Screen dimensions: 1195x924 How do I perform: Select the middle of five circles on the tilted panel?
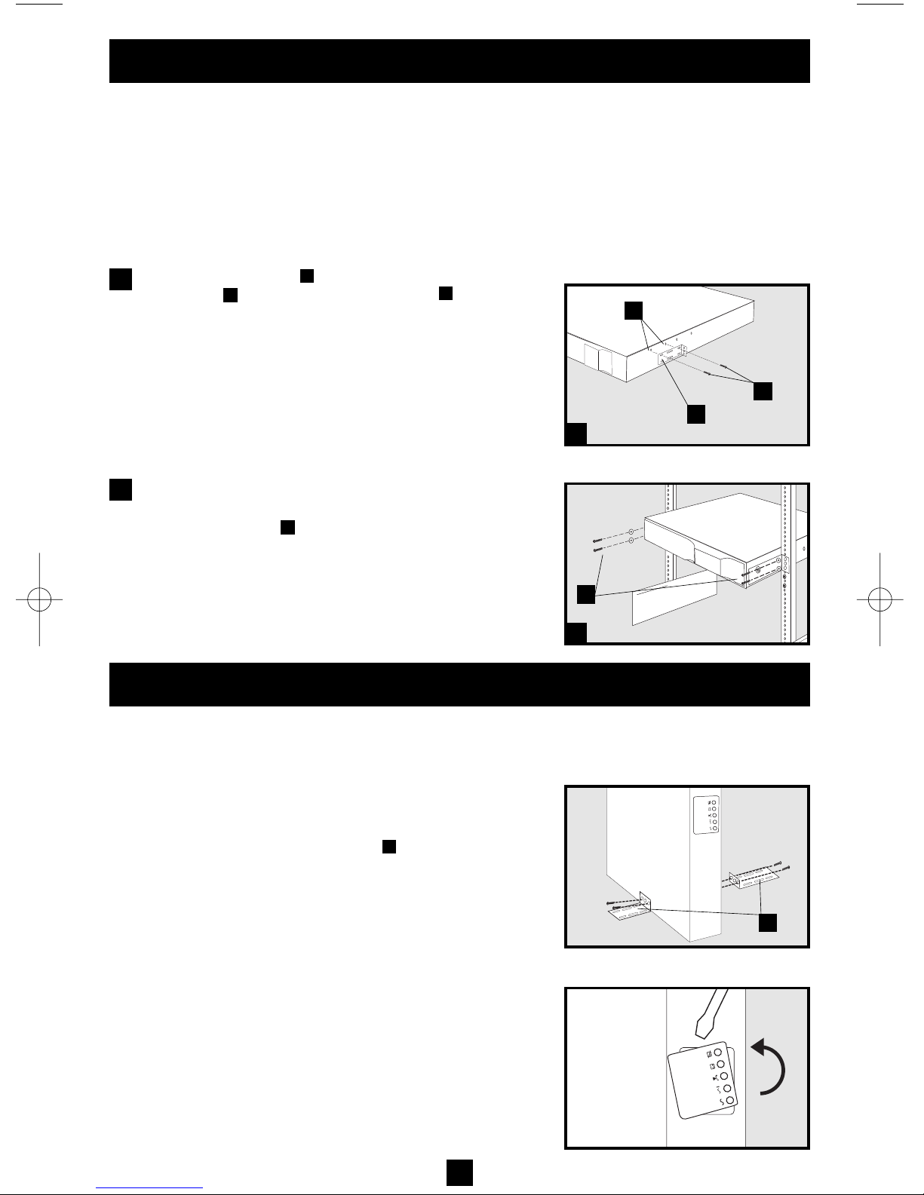[x=726, y=1077]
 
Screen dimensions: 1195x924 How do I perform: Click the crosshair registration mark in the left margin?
[x=38, y=599]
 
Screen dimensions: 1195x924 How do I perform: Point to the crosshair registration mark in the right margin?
[x=880, y=599]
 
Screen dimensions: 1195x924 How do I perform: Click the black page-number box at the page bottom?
[x=459, y=1172]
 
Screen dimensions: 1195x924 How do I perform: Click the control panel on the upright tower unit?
[x=708, y=815]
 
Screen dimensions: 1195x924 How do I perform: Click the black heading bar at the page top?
[x=459, y=61]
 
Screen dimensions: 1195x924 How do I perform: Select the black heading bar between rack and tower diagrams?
[x=459, y=685]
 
